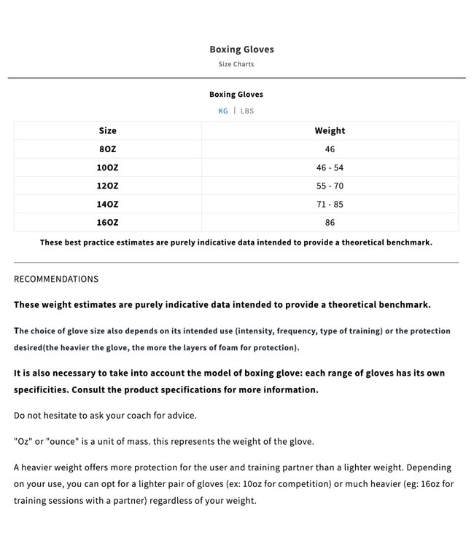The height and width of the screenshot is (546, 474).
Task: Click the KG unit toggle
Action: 223,111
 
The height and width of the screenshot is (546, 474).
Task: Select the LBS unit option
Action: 247,111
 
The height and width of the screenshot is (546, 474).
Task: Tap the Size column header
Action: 108,131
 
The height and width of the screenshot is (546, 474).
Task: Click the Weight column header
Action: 330,131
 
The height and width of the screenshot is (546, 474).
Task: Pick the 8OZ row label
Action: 108,149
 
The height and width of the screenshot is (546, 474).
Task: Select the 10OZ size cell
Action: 108,167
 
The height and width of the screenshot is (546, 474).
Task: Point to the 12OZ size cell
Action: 108,186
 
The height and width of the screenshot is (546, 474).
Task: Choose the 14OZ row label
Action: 108,205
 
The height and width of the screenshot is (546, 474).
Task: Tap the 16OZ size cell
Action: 108,223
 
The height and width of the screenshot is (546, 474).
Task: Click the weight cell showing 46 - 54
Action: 330,167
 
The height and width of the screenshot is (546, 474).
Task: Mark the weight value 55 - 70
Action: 330,186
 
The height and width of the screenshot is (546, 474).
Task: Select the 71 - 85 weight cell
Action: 330,205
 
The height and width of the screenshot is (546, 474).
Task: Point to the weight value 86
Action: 330,223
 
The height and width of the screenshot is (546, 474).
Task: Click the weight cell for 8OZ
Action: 330,149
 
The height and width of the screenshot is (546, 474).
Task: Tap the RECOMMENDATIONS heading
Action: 56,279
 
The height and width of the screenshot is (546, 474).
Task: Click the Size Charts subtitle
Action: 236,64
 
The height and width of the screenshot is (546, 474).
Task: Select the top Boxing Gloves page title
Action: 241,50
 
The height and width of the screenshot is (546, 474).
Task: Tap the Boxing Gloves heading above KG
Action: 236,95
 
